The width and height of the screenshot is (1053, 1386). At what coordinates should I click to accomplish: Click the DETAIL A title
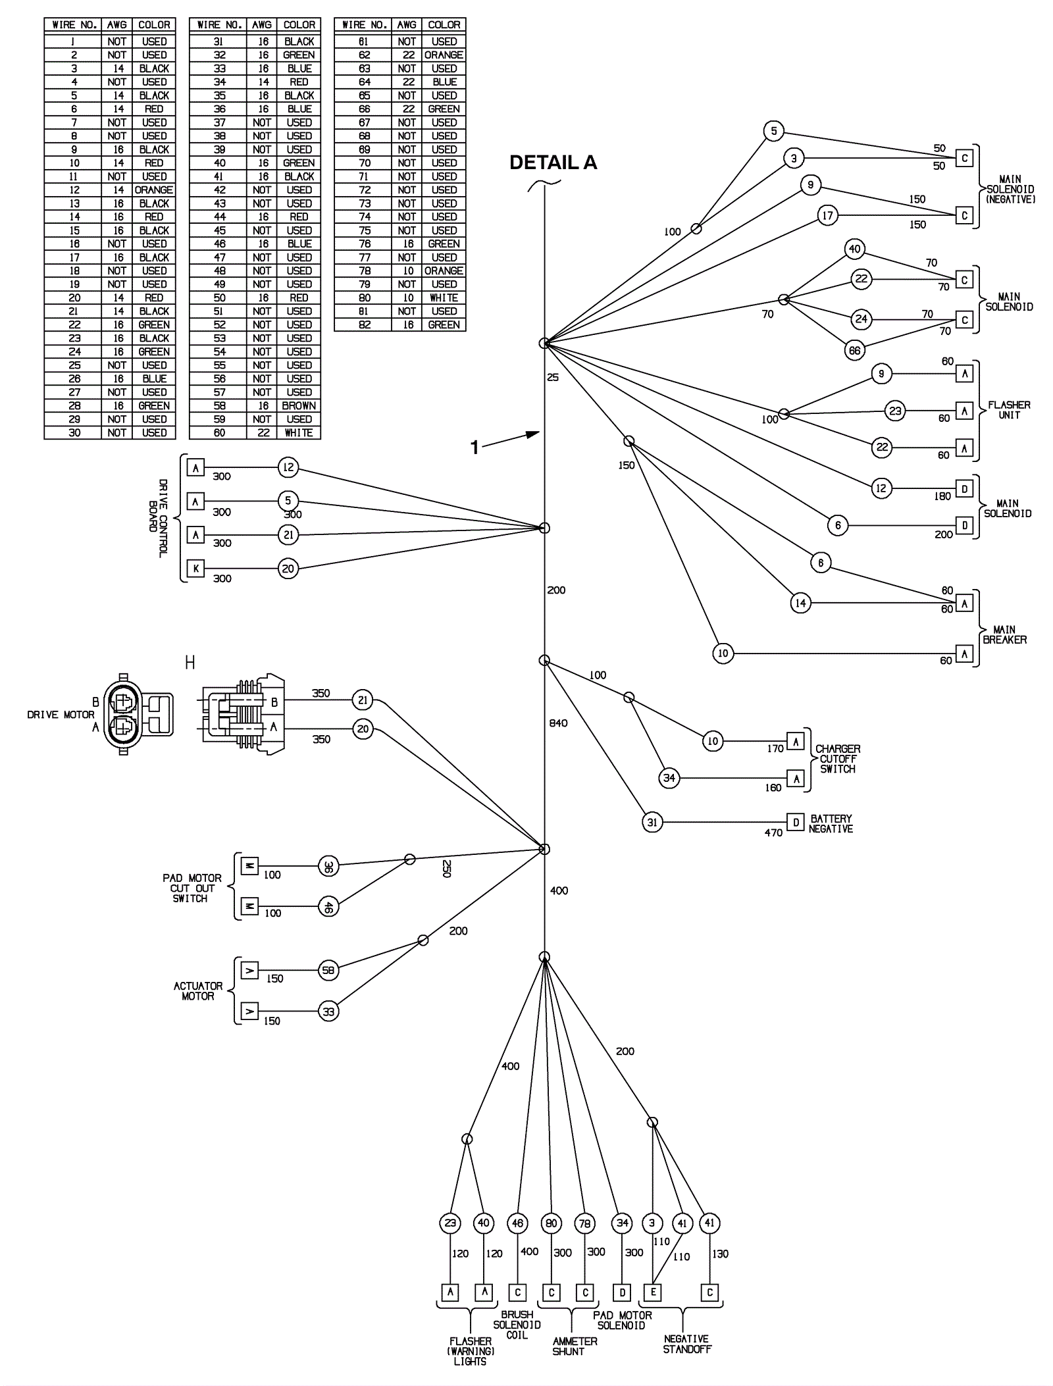tap(553, 163)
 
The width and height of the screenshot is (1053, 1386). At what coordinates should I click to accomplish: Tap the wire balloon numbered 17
tap(827, 215)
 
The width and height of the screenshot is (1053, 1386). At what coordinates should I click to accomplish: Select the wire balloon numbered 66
tap(854, 351)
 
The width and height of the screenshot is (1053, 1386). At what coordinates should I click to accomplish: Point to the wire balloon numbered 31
tap(652, 822)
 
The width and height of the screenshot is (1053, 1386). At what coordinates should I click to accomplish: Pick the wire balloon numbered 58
tap(328, 970)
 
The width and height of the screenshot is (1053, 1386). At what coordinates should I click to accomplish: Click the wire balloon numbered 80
tap(551, 1223)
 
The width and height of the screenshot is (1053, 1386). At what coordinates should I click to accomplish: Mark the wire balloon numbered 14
tap(800, 603)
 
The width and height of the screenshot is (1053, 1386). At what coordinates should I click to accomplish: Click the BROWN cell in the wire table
tap(299, 406)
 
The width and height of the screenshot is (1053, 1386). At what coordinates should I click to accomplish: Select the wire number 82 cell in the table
tap(364, 325)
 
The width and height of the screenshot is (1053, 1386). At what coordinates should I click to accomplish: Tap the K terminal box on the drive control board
tap(195, 568)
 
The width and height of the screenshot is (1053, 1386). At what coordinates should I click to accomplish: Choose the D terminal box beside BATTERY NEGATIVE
tap(796, 822)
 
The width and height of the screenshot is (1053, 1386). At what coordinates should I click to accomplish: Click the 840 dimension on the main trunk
tap(558, 723)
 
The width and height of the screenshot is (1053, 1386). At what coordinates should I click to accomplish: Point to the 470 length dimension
tap(773, 833)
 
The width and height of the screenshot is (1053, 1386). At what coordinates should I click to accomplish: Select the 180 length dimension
tap(942, 496)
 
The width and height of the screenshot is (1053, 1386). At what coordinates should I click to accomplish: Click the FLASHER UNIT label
tap(1009, 410)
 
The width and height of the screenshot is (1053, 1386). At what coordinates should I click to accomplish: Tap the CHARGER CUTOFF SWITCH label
tap(838, 759)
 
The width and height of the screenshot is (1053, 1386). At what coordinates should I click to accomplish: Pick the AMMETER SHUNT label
tap(575, 1347)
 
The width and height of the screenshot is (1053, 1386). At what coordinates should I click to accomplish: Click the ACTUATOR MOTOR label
tap(198, 991)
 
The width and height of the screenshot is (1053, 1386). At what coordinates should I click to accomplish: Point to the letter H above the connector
tap(190, 663)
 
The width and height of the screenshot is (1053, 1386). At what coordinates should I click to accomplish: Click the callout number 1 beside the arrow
tap(475, 448)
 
